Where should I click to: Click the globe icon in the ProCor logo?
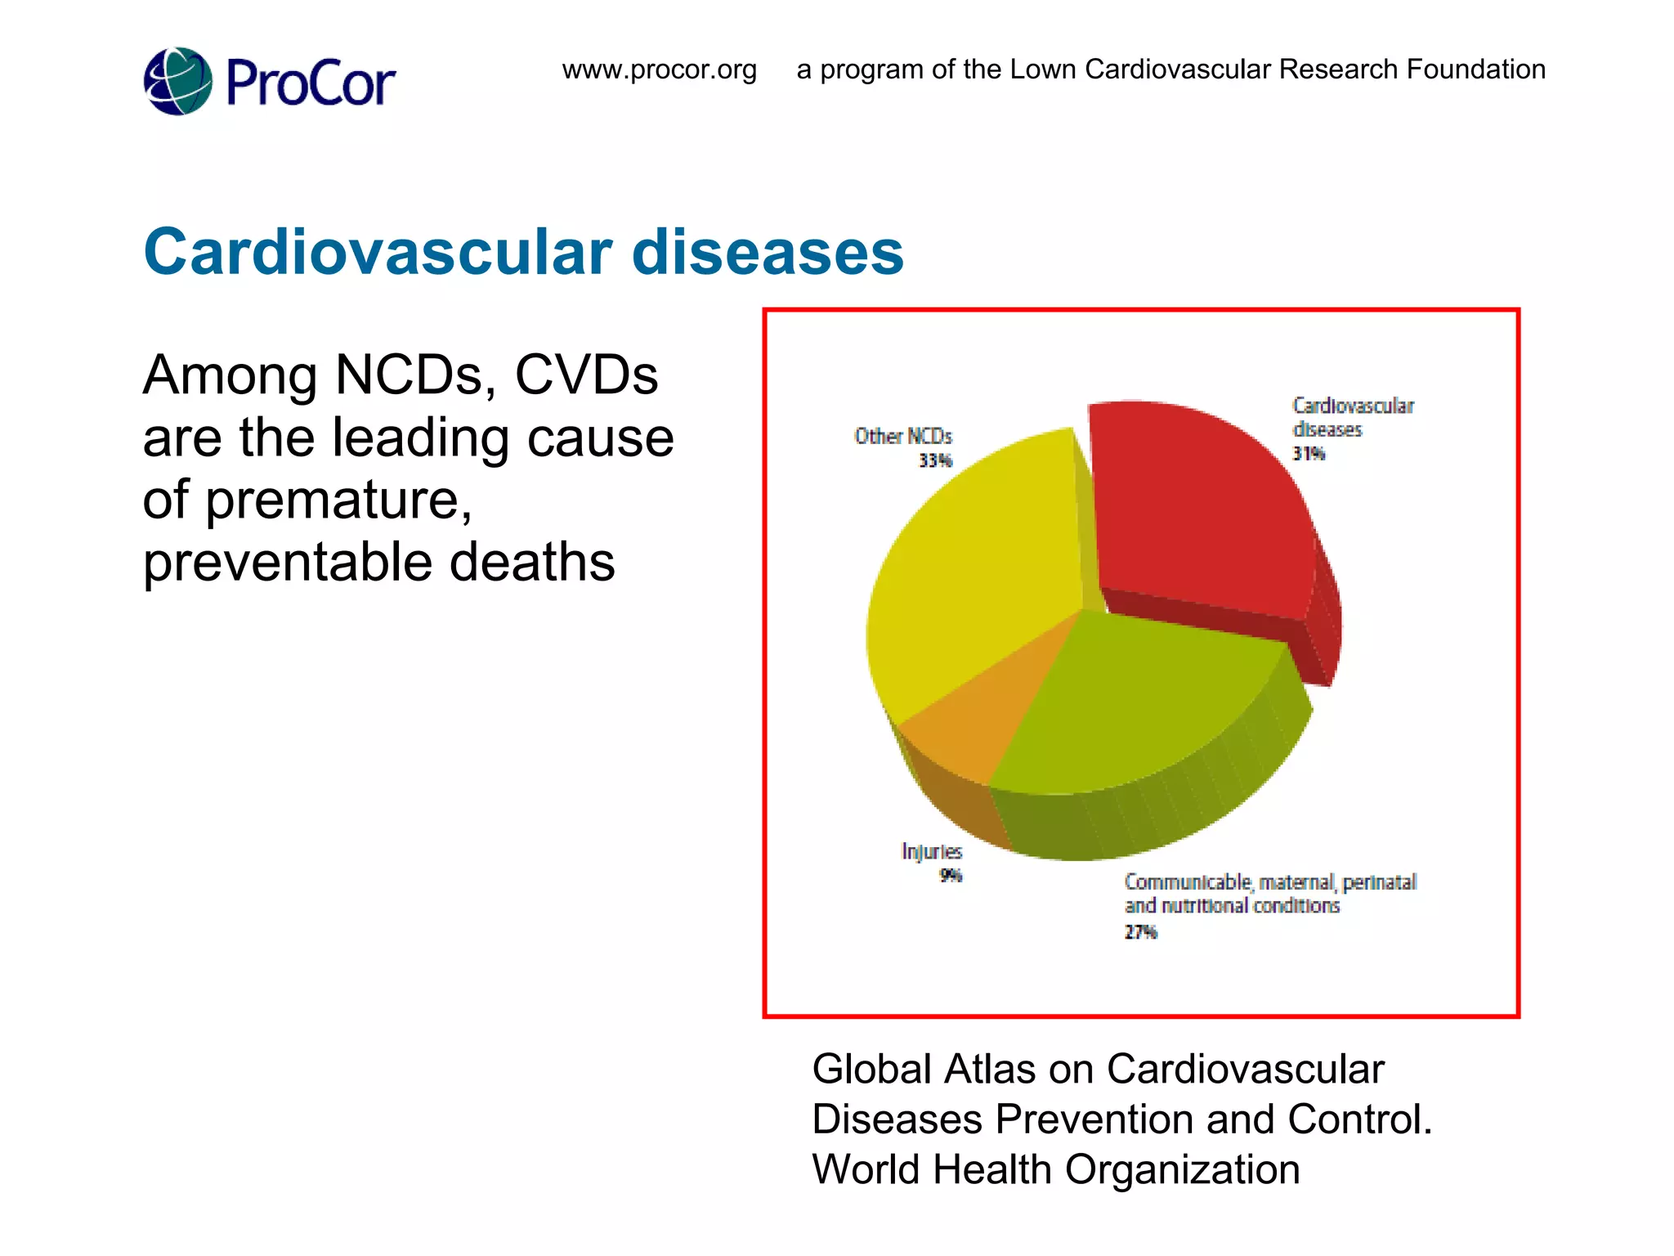[x=177, y=82]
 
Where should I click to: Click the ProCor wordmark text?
[x=310, y=83]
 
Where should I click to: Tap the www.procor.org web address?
[x=659, y=70]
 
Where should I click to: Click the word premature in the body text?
[x=338, y=500]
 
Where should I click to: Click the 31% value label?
[x=1308, y=454]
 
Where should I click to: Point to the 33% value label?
[x=935, y=460]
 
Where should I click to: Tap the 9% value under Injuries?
[x=951, y=876]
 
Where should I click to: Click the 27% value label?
[x=1140, y=932]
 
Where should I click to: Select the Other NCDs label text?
[x=903, y=437]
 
